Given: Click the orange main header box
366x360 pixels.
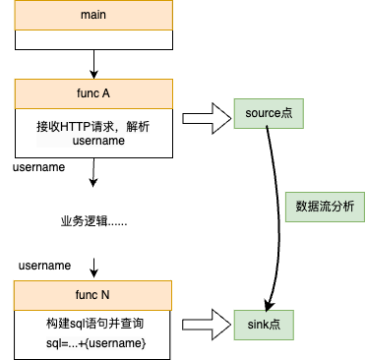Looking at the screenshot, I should (x=92, y=17).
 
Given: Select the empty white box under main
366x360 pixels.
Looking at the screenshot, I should (x=92, y=41).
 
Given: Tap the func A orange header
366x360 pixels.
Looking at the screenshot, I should (x=92, y=94).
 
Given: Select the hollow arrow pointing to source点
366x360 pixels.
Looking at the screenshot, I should (x=203, y=115).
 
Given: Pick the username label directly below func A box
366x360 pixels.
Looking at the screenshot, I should (x=39, y=167).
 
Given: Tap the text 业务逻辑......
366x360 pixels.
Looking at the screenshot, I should (x=92, y=222).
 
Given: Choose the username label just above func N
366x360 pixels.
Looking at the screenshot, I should (x=44, y=266).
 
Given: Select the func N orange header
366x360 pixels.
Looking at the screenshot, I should (x=92, y=294).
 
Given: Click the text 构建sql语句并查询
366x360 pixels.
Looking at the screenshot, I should (x=92, y=323).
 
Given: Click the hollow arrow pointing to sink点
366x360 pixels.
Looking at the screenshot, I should (x=203, y=323).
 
